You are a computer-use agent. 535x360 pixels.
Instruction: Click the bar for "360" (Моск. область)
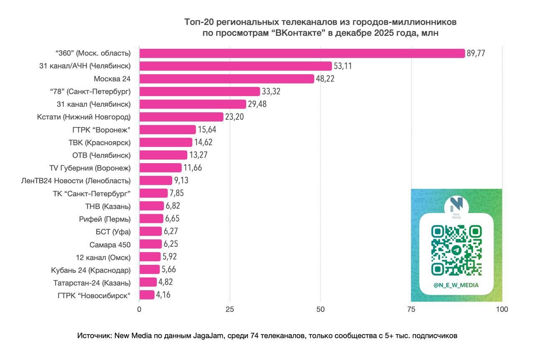(x=302, y=53)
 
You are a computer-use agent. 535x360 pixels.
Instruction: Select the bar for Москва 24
(x=226, y=79)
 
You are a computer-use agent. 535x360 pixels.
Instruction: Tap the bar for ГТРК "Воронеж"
(x=167, y=129)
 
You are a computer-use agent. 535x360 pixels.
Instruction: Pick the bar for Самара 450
(x=150, y=244)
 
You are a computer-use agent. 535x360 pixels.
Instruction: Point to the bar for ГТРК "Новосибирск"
(x=147, y=295)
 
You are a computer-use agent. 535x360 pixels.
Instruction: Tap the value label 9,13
(x=181, y=180)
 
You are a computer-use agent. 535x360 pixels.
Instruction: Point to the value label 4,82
(x=166, y=282)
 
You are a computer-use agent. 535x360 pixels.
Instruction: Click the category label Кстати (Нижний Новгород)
(x=84, y=117)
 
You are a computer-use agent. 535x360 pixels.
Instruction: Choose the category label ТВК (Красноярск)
(x=99, y=142)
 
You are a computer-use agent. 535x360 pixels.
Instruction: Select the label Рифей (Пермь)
(x=104, y=219)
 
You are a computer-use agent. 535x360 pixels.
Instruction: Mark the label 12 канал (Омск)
(x=103, y=257)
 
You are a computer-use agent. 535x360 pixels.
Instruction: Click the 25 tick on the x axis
(x=230, y=309)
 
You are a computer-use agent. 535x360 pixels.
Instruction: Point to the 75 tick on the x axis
(x=411, y=309)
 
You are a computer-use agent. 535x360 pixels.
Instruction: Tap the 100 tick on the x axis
(x=502, y=309)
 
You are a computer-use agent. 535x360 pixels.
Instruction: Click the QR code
(x=456, y=250)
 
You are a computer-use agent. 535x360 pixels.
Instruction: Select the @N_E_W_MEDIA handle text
(x=456, y=285)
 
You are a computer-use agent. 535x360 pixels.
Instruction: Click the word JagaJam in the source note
(x=208, y=336)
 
